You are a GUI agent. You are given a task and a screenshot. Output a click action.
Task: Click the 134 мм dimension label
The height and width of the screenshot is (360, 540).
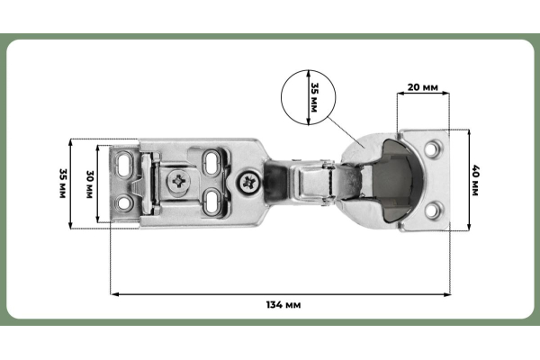click(x=283, y=305)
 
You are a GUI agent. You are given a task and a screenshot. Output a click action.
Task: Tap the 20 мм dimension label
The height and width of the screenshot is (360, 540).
click(x=423, y=87)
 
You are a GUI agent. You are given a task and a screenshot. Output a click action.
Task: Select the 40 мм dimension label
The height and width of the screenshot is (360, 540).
click(x=475, y=181)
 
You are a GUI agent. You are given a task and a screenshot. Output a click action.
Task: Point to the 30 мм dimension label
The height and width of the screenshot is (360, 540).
click(x=89, y=184)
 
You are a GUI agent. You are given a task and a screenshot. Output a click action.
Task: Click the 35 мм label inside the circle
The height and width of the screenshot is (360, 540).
click(x=314, y=97)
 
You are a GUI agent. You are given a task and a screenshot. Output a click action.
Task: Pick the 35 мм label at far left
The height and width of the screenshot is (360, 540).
click(x=62, y=184)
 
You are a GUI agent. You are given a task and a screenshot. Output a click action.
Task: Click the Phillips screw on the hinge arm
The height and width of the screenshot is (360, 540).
click(x=248, y=183)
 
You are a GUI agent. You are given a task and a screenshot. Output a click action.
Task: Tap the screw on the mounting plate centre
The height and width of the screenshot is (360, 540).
click(x=179, y=181)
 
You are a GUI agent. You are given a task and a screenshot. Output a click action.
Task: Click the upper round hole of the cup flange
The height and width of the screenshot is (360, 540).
click(x=432, y=148)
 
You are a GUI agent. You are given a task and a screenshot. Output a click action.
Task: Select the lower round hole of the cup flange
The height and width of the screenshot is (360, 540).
click(x=432, y=210)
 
